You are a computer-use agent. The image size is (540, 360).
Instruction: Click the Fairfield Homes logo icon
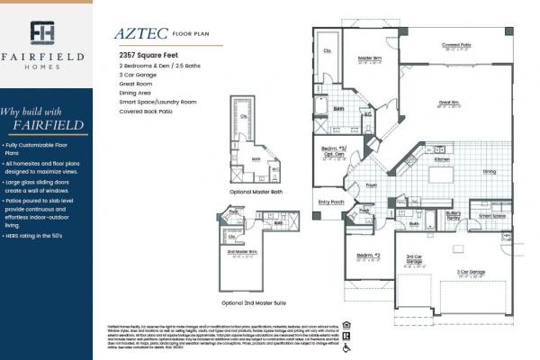(x=42, y=33)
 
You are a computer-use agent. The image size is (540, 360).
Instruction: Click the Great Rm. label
(x=449, y=103)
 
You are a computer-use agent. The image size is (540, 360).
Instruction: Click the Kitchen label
(x=442, y=159)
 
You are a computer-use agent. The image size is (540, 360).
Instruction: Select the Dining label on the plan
(x=489, y=171)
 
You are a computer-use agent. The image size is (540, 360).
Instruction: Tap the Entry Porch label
(x=331, y=202)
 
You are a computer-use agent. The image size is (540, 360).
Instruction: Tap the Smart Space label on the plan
(x=491, y=216)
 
